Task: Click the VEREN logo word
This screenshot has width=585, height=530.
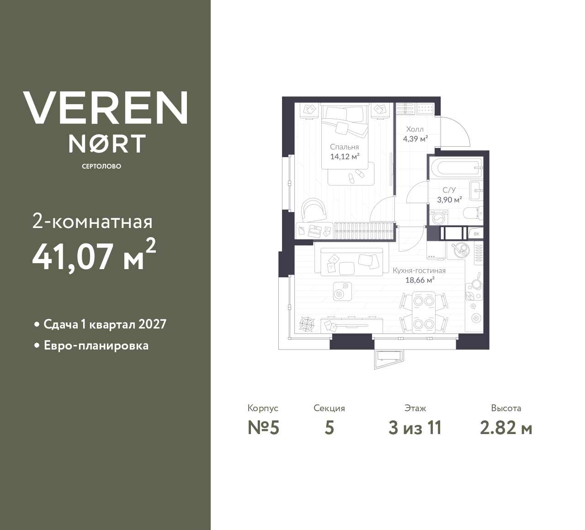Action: click(105, 108)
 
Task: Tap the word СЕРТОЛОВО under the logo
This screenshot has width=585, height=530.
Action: click(101, 166)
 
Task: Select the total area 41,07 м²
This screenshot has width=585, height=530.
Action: click(94, 256)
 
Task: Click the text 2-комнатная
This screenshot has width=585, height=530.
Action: click(92, 222)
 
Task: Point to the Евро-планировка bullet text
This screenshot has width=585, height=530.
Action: click(96, 345)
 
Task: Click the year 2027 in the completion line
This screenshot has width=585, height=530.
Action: click(152, 324)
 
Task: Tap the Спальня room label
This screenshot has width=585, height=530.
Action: click(344, 147)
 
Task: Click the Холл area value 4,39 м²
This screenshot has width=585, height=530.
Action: click(415, 139)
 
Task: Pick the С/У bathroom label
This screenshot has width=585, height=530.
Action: click(449, 190)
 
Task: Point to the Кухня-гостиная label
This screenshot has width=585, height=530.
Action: click(419, 270)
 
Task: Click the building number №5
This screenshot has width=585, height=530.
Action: click(263, 428)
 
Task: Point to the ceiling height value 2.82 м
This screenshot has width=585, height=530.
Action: click(506, 428)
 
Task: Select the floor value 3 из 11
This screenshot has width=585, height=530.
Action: click(415, 428)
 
